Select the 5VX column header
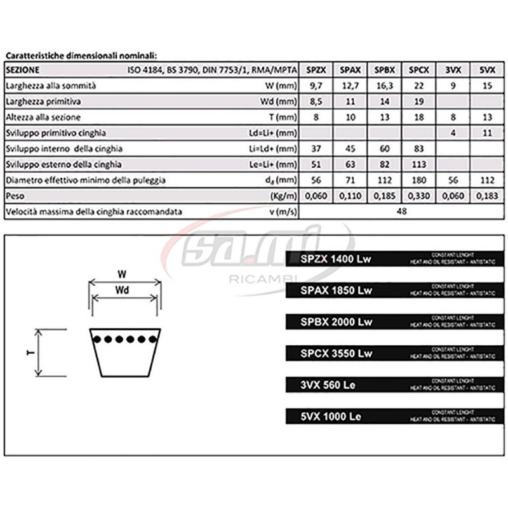(x=486, y=70)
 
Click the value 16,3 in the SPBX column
(x=383, y=86)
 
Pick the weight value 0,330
(x=417, y=196)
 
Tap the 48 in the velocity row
(x=401, y=212)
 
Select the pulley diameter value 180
(x=417, y=180)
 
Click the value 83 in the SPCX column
(x=417, y=149)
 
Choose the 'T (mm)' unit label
(x=281, y=117)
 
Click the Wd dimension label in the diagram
(x=124, y=291)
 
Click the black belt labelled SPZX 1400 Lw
(x=394, y=258)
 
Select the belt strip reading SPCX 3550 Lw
(x=394, y=353)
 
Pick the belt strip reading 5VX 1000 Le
(x=394, y=417)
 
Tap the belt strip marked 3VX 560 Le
(x=394, y=385)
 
